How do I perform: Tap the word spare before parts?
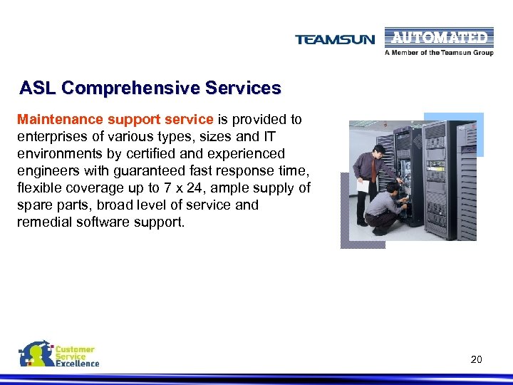point(33,205)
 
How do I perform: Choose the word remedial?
point(42,222)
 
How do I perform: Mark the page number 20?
point(476,359)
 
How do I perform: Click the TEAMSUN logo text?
point(335,40)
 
